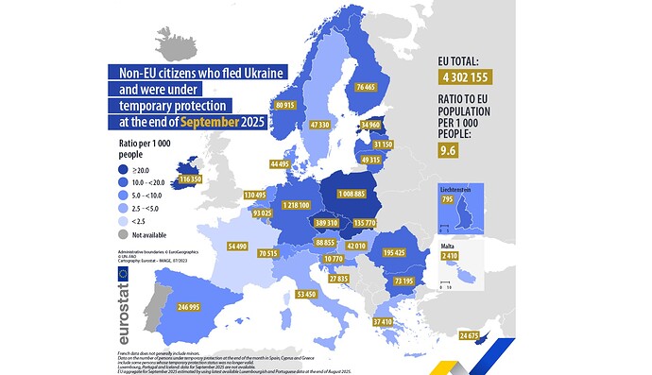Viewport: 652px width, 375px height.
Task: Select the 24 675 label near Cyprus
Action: [468, 336]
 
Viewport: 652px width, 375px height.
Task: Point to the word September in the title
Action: [213, 122]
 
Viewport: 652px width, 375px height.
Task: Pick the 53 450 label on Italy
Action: [306, 295]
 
